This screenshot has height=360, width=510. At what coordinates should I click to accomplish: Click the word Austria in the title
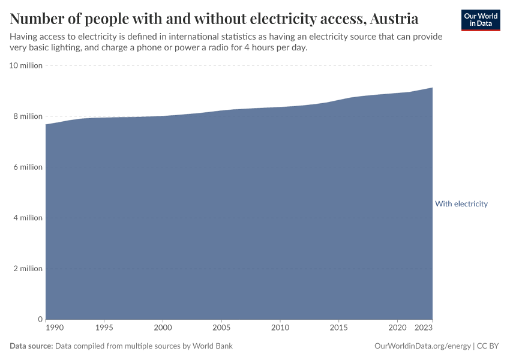pyautogui.click(x=394, y=19)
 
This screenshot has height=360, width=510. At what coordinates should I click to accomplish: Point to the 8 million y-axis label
pyautogui.click(x=28, y=116)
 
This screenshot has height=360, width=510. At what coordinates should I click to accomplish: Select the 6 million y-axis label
pyautogui.click(x=28, y=167)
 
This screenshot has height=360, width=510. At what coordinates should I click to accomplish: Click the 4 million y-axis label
pyautogui.click(x=28, y=218)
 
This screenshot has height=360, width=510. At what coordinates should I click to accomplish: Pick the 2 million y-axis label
pyautogui.click(x=28, y=268)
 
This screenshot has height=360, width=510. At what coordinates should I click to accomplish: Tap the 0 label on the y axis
pyautogui.click(x=40, y=319)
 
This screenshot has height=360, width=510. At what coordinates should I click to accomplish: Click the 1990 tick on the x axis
pyautogui.click(x=54, y=328)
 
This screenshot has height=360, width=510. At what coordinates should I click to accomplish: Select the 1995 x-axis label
pyautogui.click(x=104, y=328)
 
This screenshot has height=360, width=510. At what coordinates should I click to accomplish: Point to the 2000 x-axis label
pyautogui.click(x=163, y=328)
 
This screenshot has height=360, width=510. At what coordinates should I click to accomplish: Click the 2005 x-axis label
pyautogui.click(x=221, y=328)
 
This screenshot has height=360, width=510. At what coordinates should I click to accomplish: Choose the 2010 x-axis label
pyautogui.click(x=280, y=328)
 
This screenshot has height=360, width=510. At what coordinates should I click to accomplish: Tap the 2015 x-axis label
pyautogui.click(x=338, y=328)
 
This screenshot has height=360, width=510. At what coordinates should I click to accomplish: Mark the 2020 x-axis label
pyautogui.click(x=397, y=328)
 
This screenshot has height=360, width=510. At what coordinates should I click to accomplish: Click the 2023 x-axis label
pyautogui.click(x=424, y=328)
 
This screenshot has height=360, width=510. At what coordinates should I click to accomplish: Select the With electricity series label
pyautogui.click(x=461, y=204)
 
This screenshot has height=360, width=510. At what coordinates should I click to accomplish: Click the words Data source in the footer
pyautogui.click(x=31, y=346)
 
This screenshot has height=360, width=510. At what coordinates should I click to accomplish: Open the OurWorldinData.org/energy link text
pyautogui.click(x=422, y=346)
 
